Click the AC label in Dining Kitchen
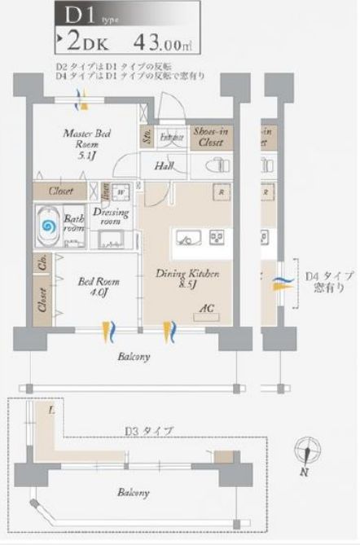(x=207, y=310)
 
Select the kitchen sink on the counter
(x=187, y=238)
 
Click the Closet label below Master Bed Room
(x=60, y=191)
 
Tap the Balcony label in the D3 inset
(x=131, y=493)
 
